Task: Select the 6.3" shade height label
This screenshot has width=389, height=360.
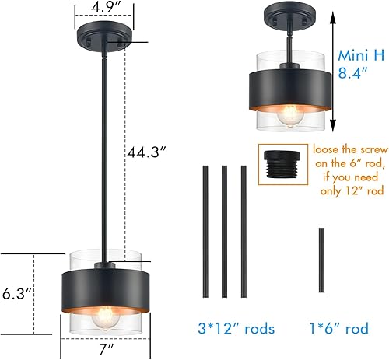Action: pyautogui.click(x=18, y=294)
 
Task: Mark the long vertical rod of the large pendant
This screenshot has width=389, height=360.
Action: pyautogui.click(x=103, y=156)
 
